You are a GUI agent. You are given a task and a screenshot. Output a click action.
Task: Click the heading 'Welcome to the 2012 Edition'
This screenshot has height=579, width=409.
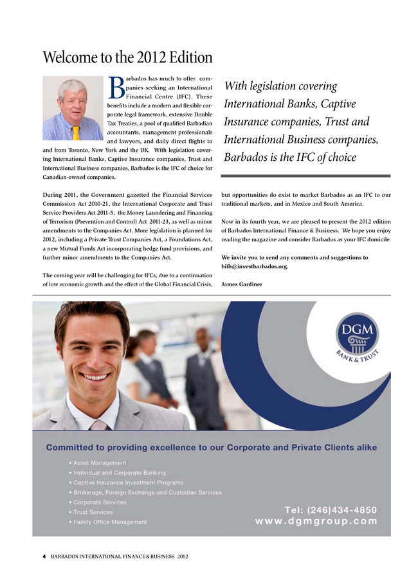tap(127, 58)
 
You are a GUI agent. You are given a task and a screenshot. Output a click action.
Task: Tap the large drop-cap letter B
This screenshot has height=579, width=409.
tap(116, 90)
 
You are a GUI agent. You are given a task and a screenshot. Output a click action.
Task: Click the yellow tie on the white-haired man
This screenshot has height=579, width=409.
tap(76, 133)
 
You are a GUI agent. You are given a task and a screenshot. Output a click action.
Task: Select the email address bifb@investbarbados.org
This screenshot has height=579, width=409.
tap(255, 266)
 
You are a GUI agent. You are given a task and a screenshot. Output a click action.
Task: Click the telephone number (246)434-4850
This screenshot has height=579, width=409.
tap(331, 510)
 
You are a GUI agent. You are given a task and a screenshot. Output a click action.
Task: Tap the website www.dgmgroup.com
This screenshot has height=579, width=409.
tap(316, 522)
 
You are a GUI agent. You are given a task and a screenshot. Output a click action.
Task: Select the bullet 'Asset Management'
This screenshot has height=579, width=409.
tap(100, 463)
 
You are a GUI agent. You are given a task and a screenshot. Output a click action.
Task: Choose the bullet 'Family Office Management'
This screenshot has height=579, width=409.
tap(110, 522)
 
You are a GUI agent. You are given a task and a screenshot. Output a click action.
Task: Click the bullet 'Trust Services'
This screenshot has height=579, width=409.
tap(93, 512)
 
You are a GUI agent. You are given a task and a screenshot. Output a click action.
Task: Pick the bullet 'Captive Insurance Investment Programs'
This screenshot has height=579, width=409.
tap(128, 482)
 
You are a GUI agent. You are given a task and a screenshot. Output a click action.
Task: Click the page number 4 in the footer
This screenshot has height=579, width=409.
tap(44, 555)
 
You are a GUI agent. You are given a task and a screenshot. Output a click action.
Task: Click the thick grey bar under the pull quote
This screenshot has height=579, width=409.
tap(305, 176)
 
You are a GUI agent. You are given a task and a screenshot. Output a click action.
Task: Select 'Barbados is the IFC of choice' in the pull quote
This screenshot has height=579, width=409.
tap(289, 158)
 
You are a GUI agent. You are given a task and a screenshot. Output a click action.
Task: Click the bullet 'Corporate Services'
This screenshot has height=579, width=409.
tap(100, 502)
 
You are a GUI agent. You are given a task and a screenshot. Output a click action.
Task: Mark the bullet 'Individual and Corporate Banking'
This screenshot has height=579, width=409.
tap(119, 473)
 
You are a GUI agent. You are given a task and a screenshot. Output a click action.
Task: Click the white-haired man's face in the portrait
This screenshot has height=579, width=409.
tap(73, 97)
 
